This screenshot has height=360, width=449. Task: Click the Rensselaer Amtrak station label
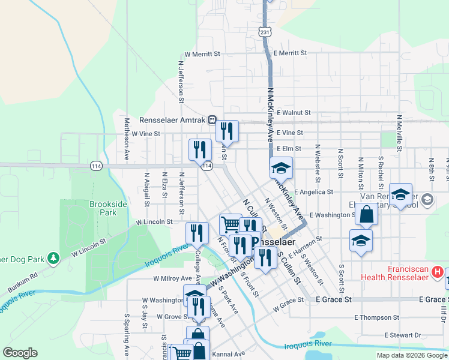(x=173, y=119)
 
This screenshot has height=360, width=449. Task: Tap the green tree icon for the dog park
(x=53, y=257)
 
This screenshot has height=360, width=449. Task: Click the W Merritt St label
(x=202, y=53)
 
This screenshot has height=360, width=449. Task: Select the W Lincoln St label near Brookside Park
(x=154, y=222)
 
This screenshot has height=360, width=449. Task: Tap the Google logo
(x=20, y=353)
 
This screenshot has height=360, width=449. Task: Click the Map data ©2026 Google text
(x=412, y=355)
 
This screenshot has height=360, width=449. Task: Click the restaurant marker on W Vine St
(x=227, y=130)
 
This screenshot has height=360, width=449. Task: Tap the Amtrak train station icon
(x=212, y=119)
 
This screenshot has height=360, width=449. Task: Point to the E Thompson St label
(x=376, y=317)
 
